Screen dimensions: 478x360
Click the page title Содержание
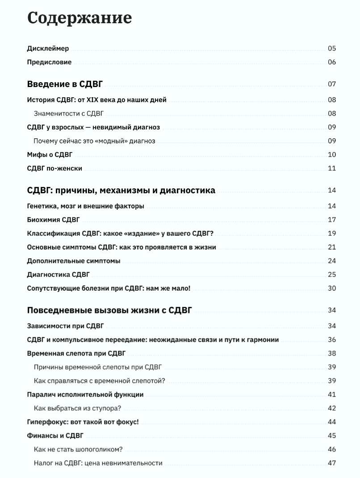(80, 18)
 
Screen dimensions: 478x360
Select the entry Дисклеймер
(48, 49)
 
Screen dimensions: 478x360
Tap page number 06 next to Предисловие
(331, 62)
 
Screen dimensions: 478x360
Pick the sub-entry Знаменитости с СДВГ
(69, 113)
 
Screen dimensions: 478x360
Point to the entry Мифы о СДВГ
(50, 155)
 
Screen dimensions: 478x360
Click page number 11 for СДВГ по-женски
(331, 168)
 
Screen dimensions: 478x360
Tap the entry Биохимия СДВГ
(53, 220)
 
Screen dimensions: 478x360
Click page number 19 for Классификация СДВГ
(331, 233)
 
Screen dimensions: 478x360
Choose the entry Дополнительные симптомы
(73, 261)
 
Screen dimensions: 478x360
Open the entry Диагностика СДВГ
(58, 274)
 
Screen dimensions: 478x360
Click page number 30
(331, 288)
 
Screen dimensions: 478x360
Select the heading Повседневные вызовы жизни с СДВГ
(109, 310)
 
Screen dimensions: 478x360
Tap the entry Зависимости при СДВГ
(65, 326)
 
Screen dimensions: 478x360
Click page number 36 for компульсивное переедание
(331, 340)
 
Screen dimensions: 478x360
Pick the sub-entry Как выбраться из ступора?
(77, 408)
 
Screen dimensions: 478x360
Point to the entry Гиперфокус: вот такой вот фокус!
(83, 422)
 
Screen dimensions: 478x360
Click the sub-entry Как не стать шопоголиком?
(78, 449)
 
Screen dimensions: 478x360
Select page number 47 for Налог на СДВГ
(331, 463)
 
